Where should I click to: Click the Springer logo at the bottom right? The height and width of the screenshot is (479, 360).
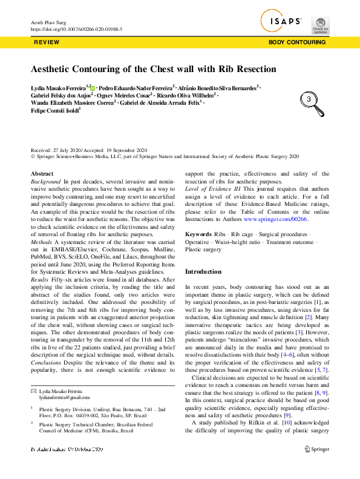point(316,449)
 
